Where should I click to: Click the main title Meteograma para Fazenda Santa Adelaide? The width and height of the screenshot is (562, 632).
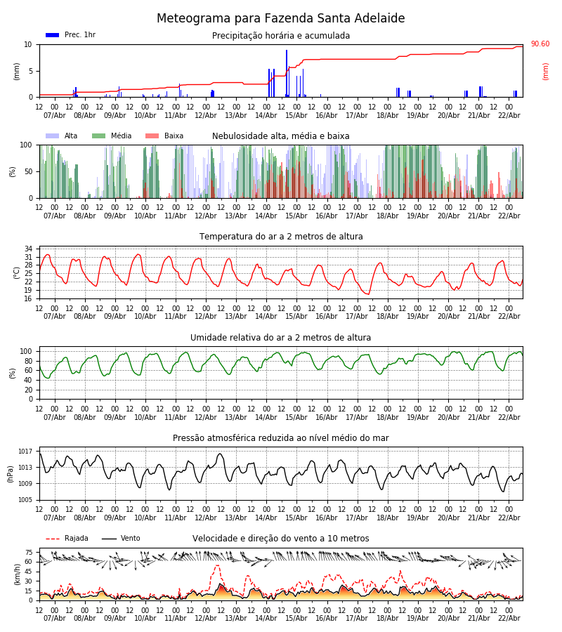pos(280,19)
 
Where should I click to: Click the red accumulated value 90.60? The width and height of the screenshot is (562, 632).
pos(540,44)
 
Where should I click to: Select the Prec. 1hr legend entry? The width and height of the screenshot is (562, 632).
pos(71,35)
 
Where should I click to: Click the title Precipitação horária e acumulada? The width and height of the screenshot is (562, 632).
pos(281,36)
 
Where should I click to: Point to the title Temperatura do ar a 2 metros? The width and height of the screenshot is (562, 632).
pos(281,237)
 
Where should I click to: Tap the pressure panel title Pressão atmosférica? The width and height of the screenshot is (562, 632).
pos(281,438)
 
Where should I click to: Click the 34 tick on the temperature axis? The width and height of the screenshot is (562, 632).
pos(28,249)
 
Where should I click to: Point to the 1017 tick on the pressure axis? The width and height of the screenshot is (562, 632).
pos(25,452)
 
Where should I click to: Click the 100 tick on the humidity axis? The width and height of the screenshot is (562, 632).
pos(26,351)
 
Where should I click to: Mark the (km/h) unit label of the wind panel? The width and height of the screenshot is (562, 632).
pos(17,574)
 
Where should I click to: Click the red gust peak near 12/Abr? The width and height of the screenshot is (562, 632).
pos(217,566)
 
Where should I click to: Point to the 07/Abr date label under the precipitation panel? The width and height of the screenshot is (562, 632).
pos(55,115)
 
